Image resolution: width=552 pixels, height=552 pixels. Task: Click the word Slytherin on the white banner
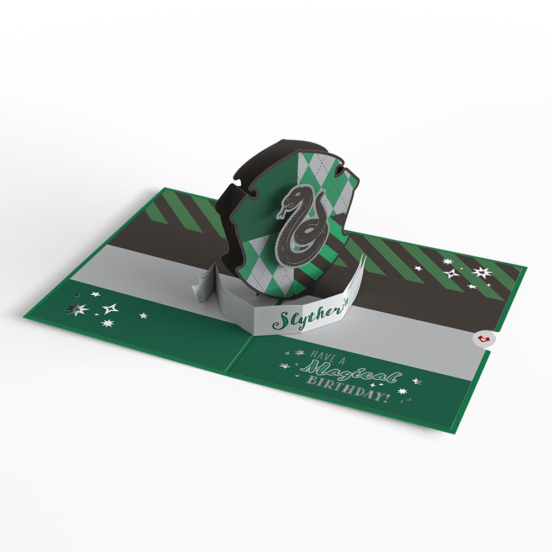303,319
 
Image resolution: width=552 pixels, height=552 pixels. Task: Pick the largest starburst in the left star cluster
73,309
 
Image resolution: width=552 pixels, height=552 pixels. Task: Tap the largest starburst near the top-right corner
482,272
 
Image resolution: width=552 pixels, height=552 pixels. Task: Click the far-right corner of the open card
526,269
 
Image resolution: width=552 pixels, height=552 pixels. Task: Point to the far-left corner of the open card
24,317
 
